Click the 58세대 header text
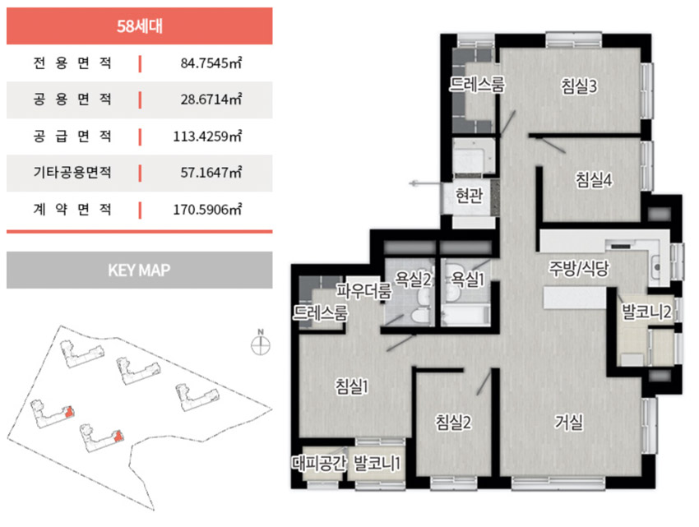click(140, 26)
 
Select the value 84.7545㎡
click(211, 62)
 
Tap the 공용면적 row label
click(72, 99)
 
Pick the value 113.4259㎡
click(207, 136)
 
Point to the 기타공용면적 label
click(72, 172)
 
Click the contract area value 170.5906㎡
click(207, 209)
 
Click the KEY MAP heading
click(139, 270)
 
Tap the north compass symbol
click(261, 343)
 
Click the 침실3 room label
click(579, 86)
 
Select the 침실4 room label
click(594, 180)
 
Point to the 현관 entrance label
click(469, 196)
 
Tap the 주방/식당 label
click(579, 268)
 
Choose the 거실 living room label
click(568, 422)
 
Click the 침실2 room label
click(453, 422)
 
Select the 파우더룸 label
click(363, 291)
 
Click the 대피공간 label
click(319, 463)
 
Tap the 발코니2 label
click(646, 312)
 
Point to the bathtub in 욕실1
click(465, 315)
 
